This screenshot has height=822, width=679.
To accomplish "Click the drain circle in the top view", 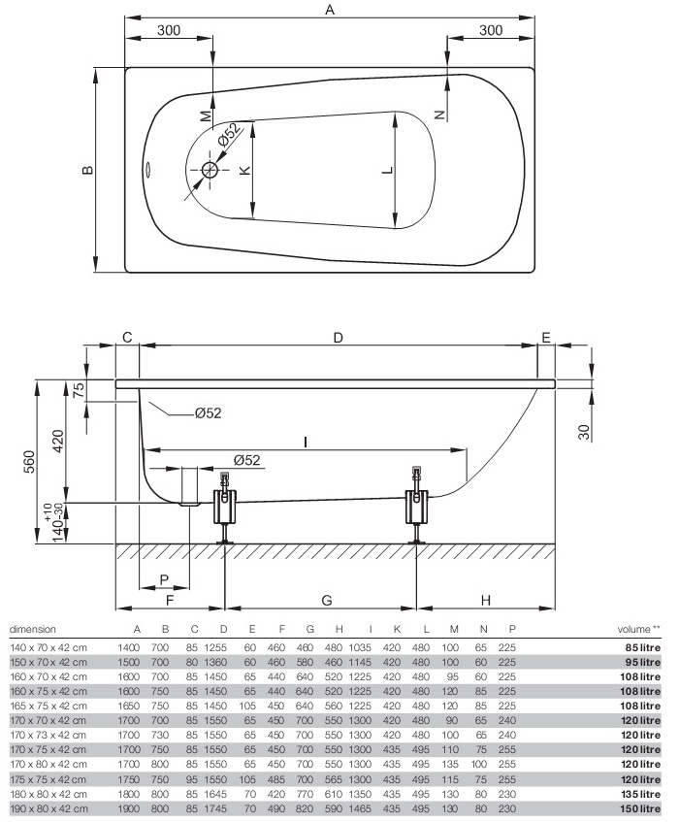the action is click(x=210, y=169).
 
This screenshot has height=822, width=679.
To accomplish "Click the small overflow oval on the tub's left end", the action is click(x=147, y=169).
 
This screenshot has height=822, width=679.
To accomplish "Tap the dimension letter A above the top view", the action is click(x=330, y=10).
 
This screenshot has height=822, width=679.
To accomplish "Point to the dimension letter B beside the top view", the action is click(x=87, y=169).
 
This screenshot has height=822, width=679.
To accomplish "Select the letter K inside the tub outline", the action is click(x=244, y=170).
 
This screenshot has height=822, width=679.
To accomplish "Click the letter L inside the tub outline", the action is click(x=387, y=170).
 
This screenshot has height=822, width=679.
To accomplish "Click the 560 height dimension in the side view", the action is click(x=30, y=461).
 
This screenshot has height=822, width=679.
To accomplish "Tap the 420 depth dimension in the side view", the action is click(x=57, y=442).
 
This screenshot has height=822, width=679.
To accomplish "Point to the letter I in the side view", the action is click(x=306, y=443).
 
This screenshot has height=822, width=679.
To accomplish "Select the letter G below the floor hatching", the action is click(x=326, y=600).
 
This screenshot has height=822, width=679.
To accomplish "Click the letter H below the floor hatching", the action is click(x=486, y=600).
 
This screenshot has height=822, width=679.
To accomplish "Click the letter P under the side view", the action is click(x=164, y=579).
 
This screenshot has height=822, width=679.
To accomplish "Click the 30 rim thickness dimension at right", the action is click(x=584, y=432).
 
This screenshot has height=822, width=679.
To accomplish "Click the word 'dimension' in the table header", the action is click(x=32, y=629).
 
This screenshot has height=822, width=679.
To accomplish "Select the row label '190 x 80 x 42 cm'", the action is click(x=48, y=808).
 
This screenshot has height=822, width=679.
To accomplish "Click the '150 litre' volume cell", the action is click(x=640, y=808).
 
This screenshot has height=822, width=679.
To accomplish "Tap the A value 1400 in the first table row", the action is click(x=129, y=647).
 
